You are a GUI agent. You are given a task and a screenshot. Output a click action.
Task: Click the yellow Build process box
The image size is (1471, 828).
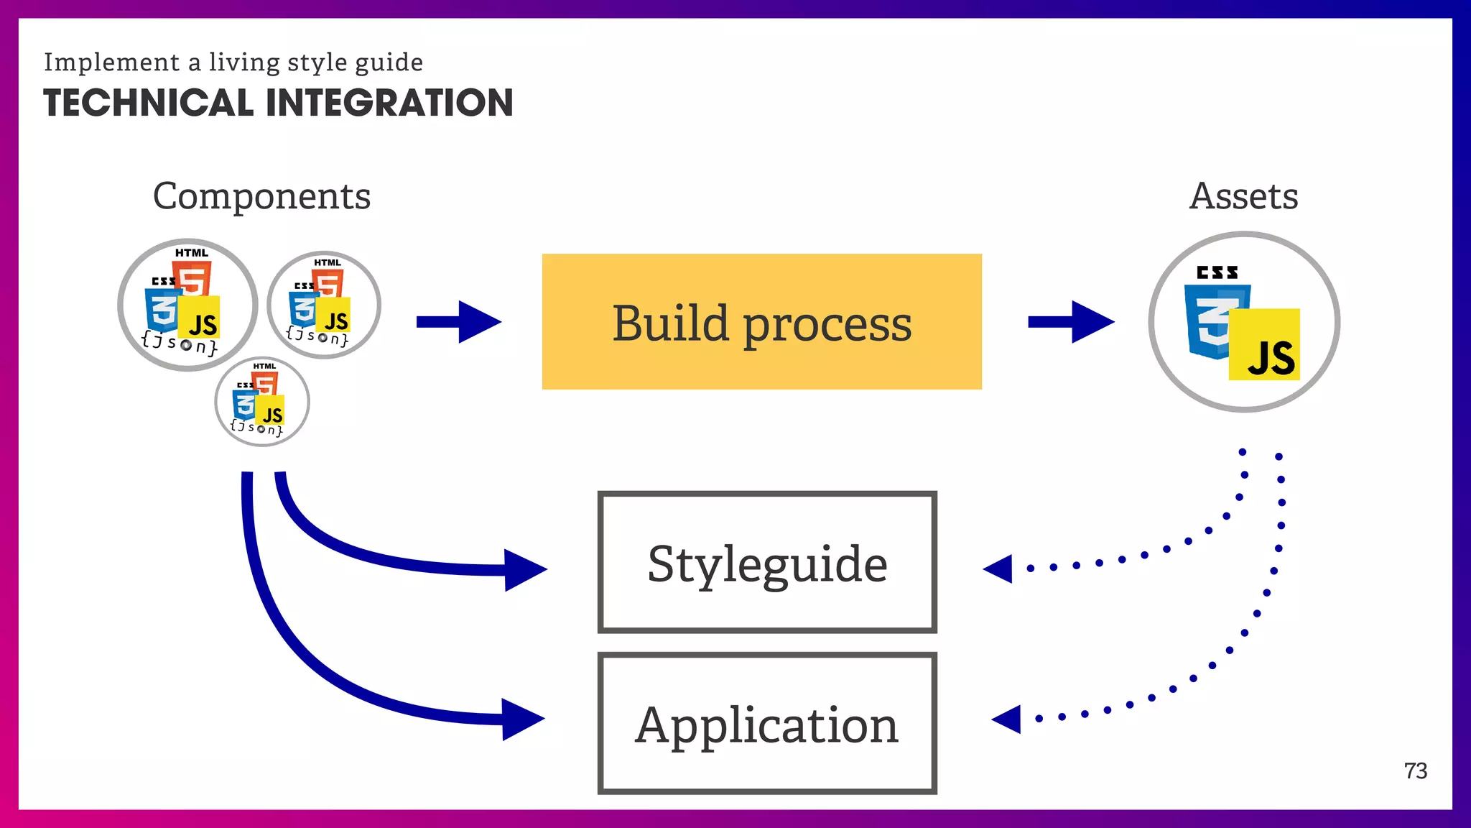(761, 321)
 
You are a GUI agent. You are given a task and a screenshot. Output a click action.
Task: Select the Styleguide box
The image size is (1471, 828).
(766, 563)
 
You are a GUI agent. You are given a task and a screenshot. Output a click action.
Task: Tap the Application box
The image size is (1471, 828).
(766, 724)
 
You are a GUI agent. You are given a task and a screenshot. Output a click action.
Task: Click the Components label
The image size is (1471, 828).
(261, 196)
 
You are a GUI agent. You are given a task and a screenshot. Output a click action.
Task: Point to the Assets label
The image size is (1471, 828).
(1243, 196)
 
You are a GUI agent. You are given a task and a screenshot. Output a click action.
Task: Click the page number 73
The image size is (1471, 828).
(1415, 771)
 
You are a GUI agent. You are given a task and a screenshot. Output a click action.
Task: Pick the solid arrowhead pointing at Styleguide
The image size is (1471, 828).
(524, 570)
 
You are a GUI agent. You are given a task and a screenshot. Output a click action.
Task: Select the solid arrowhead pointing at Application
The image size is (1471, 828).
(522, 719)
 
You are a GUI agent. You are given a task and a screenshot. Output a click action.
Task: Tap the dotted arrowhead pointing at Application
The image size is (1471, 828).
(1008, 719)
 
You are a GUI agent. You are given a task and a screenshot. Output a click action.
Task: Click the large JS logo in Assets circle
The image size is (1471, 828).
(1265, 346)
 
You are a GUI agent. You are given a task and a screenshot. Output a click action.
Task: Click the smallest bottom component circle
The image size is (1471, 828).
(262, 402)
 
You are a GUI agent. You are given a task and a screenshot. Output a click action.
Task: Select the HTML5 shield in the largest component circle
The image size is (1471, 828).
(193, 279)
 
